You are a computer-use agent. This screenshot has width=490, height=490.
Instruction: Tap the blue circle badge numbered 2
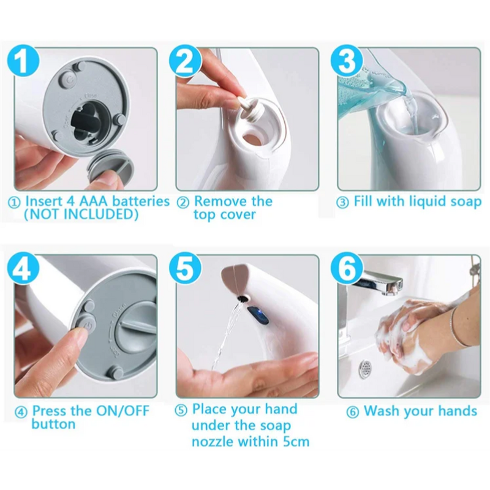(x=187, y=61)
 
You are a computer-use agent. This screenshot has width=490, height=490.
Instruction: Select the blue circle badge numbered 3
(x=347, y=62)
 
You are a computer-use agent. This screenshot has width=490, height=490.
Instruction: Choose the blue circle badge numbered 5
(x=187, y=269)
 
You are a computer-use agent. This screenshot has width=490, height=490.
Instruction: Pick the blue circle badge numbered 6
(x=347, y=269)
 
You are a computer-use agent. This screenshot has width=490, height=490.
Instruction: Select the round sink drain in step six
(x=366, y=370)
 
